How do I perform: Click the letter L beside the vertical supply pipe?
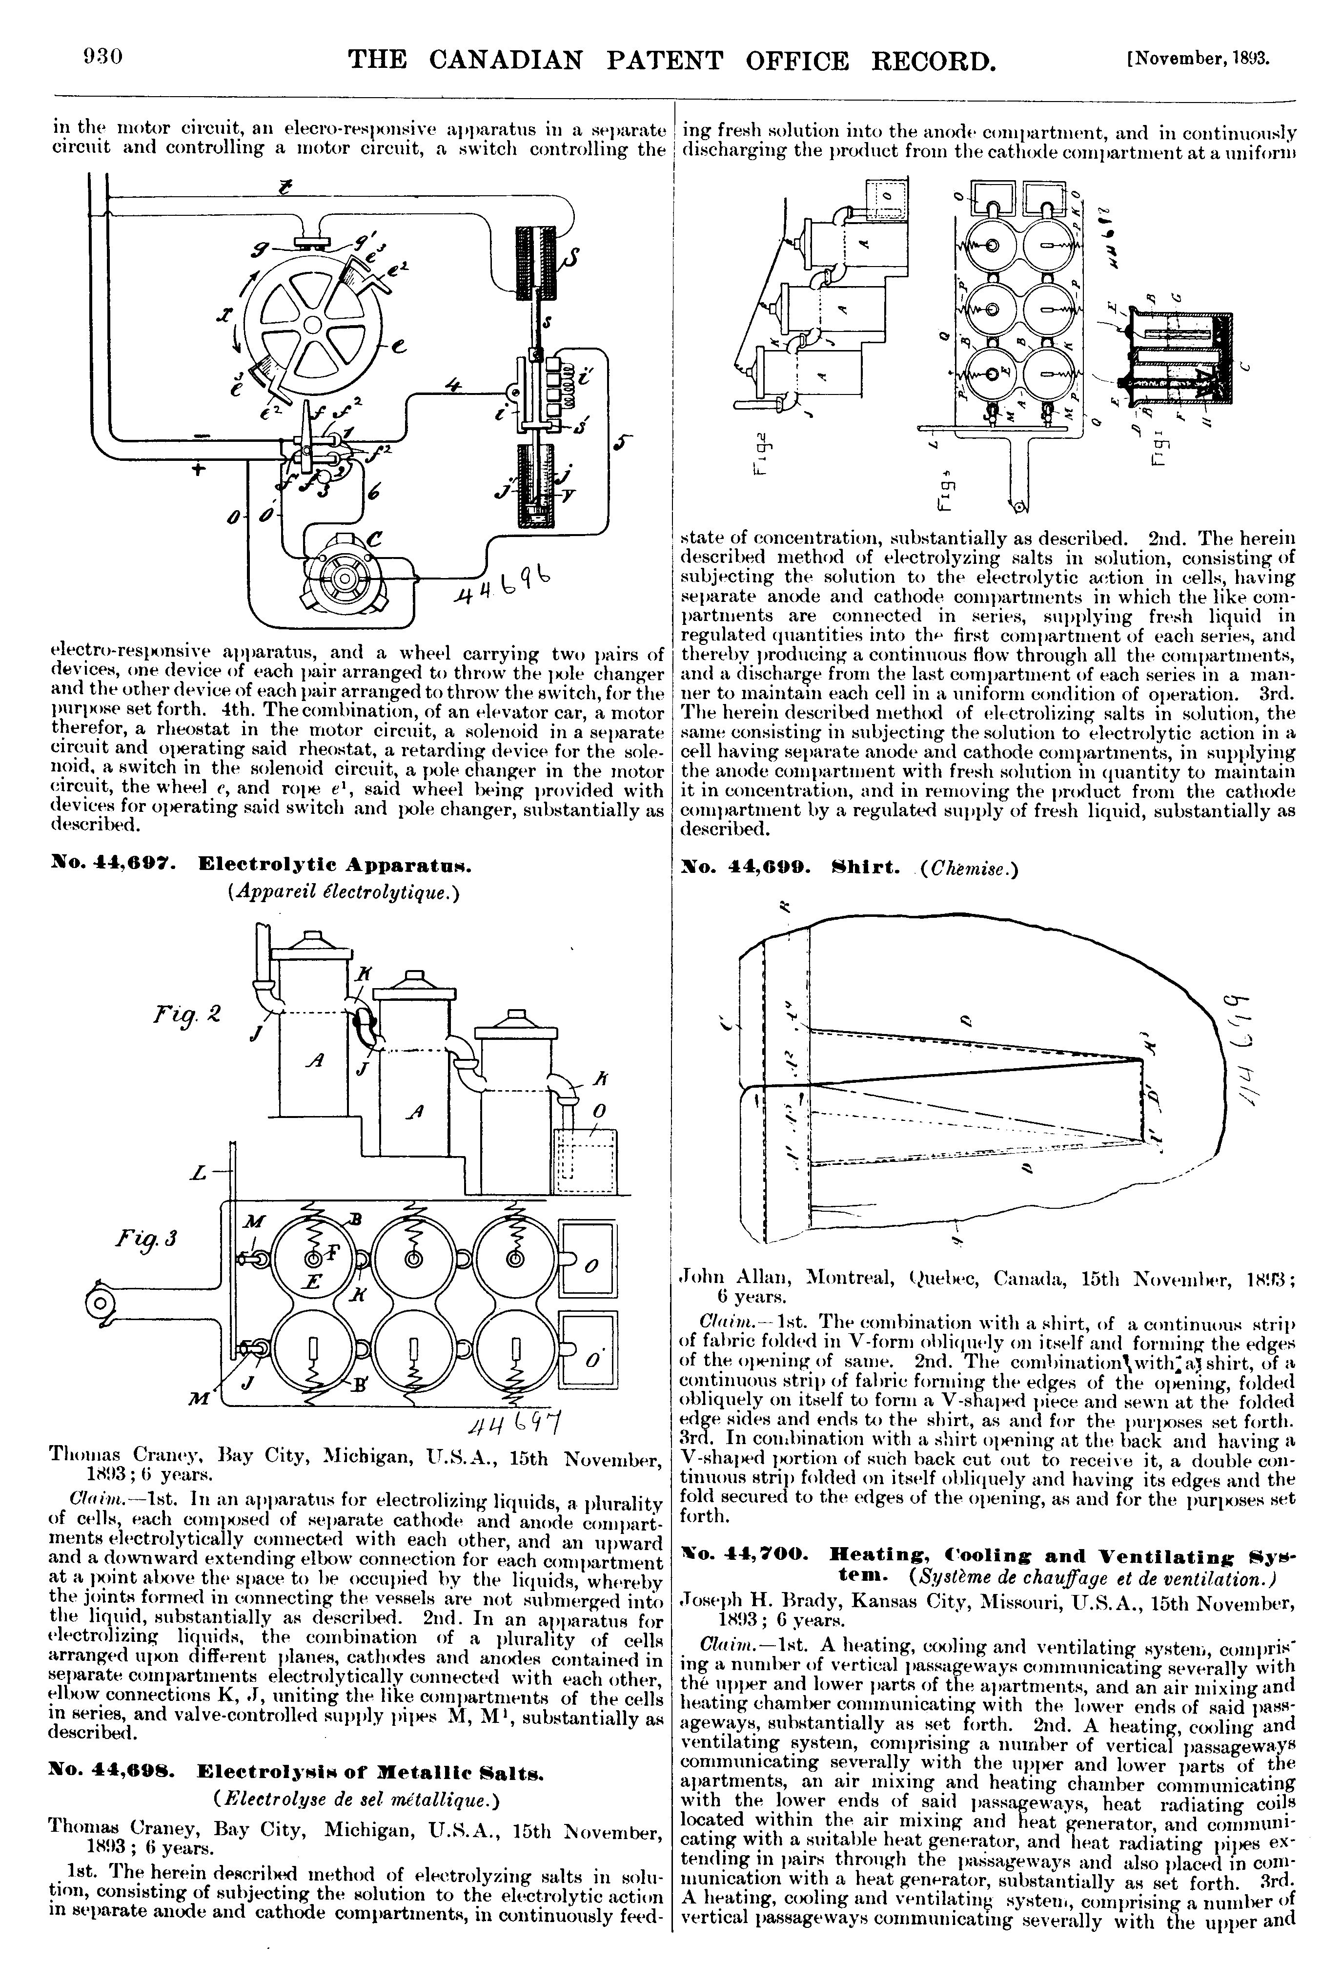point(198,1171)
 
